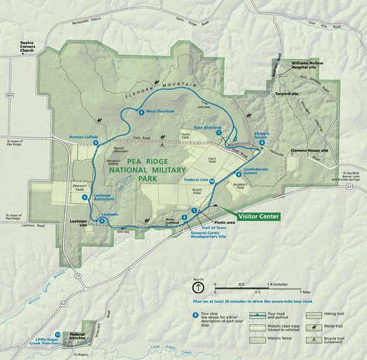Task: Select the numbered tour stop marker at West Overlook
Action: click(140, 112)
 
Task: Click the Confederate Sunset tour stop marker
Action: click(238, 175)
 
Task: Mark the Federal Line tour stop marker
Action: click(211, 180)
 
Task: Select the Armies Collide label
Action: click(84, 137)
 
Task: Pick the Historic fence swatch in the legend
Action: click(257, 339)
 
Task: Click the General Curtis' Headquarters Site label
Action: click(207, 234)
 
